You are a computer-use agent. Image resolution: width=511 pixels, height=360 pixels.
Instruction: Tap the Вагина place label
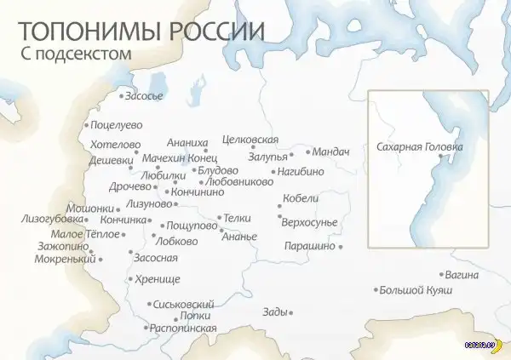point(461,275)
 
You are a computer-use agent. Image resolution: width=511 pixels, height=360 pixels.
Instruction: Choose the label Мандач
point(330,151)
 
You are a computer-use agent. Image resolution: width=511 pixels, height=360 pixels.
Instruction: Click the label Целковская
point(250,139)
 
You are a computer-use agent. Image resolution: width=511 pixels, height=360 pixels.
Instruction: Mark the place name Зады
point(275,312)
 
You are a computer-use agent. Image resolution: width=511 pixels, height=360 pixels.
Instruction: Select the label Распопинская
point(182,328)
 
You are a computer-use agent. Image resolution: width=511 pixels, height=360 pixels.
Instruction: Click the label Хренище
point(157,278)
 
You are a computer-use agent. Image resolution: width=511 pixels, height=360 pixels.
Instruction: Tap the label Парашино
point(311,246)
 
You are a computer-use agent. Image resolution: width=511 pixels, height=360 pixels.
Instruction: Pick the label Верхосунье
point(313,222)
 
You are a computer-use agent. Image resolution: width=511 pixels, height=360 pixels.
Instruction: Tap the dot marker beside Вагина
point(443,275)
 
